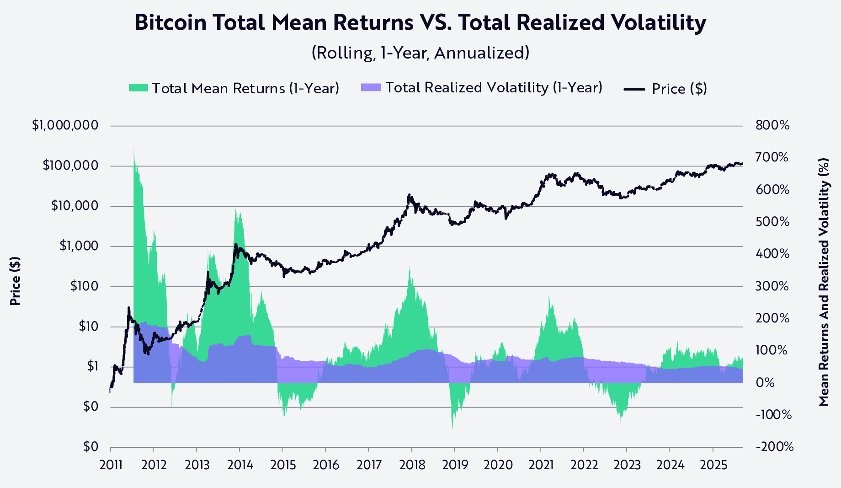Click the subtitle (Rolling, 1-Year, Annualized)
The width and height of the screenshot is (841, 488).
[420, 53]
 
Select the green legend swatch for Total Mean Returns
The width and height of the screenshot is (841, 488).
[138, 88]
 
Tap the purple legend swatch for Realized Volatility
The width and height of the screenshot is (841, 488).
[370, 87]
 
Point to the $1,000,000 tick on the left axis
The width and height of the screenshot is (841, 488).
[65, 125]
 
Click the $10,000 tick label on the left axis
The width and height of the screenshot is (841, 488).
[75, 206]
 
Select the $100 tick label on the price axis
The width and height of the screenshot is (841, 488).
[84, 287]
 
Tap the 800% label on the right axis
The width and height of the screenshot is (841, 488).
[772, 125]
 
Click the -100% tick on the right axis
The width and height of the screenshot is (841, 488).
[773, 415]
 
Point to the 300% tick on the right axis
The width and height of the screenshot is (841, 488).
[772, 287]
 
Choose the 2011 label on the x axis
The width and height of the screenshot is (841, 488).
[111, 466]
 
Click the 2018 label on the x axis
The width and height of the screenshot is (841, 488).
[412, 466]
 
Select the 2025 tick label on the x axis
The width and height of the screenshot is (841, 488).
[713, 466]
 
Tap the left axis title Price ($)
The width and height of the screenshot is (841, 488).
[15, 281]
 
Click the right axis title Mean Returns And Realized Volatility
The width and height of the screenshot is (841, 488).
[824, 282]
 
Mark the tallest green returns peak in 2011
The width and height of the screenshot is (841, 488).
[134, 149]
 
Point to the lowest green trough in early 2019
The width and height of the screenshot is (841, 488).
[452, 428]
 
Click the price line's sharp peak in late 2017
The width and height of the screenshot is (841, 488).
[409, 194]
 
